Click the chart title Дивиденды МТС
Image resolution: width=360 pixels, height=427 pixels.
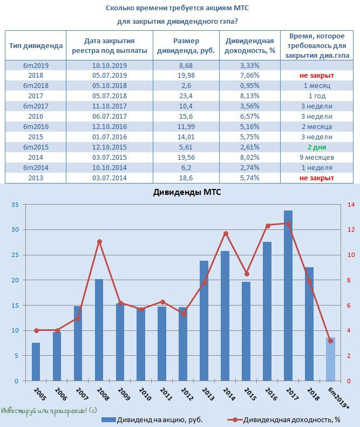[x=187, y=192]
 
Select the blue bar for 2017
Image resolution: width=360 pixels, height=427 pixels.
[x=288, y=295]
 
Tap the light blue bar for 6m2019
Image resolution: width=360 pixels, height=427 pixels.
[x=331, y=359]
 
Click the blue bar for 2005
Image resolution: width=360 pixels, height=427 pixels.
[x=36, y=362]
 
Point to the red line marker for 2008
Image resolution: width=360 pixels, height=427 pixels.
[x=99, y=241]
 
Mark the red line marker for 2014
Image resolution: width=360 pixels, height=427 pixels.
[x=226, y=234]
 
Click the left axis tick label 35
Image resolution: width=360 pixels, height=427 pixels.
[x=15, y=205]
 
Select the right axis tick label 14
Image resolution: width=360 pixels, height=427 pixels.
[x=351, y=205]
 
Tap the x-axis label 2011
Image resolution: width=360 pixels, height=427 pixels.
[x=166, y=394]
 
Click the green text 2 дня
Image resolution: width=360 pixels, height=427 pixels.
[x=317, y=147]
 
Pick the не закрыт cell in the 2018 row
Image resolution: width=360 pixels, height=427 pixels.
[x=317, y=76]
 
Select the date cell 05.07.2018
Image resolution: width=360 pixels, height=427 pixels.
[x=110, y=96]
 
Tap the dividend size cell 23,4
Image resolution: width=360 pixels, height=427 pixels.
[x=186, y=96]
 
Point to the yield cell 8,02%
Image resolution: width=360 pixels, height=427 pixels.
[x=250, y=158]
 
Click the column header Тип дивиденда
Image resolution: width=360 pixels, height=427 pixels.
[x=36, y=46]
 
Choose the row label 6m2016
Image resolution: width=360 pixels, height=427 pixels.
[x=36, y=127]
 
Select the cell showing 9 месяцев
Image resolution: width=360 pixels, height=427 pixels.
[x=317, y=158]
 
